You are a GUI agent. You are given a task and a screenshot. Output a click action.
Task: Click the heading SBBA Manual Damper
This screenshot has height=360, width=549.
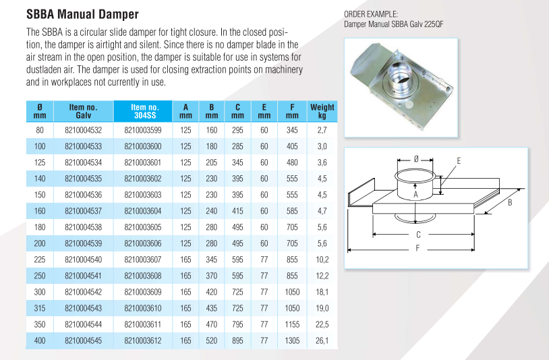click(82, 14)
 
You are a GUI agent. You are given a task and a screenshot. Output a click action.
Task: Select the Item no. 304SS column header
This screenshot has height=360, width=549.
click(144, 111)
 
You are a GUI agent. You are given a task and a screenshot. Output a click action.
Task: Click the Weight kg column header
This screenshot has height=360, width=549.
click(322, 111)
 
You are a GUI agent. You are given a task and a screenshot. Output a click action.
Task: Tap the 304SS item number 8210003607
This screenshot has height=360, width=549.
click(143, 260)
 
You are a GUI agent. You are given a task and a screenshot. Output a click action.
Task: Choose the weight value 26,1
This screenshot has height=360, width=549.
click(322, 341)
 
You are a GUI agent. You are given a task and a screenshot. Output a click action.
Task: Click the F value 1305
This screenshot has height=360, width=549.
click(291, 341)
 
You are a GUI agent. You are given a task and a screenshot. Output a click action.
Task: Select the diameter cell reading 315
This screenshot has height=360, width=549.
click(40, 309)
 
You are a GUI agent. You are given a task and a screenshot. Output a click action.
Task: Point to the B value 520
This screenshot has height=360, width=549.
click(212, 341)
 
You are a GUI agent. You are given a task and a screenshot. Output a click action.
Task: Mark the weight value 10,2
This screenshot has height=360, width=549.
click(322, 260)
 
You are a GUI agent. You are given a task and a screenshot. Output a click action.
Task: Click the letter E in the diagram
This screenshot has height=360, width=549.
click(459, 161)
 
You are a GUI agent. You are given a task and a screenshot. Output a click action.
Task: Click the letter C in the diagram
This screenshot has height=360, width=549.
click(419, 235)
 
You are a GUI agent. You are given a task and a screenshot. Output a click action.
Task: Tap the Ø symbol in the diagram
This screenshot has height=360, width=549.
click(417, 157)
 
